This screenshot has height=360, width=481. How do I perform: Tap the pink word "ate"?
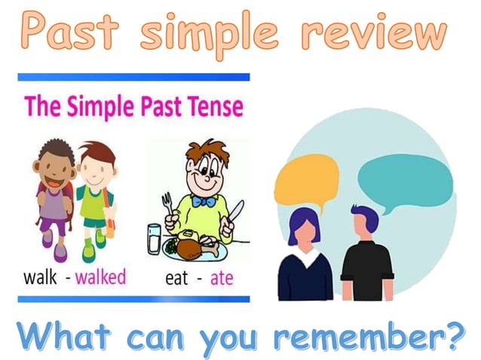[222, 277]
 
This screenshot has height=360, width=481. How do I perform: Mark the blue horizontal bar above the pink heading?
[133, 77]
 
